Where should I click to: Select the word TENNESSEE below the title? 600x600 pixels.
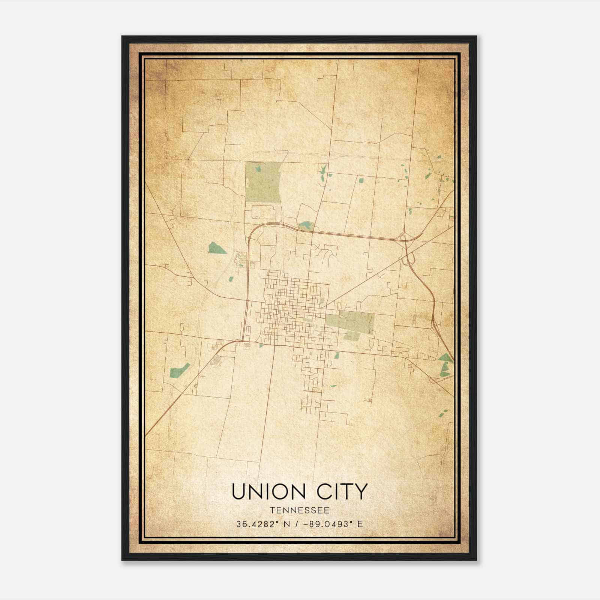[x=299, y=510]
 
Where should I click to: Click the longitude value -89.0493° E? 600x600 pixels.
[x=334, y=524]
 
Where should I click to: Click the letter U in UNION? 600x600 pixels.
[x=238, y=492]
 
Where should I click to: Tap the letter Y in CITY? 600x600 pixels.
[x=360, y=492]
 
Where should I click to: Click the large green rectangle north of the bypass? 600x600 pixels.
[x=263, y=182]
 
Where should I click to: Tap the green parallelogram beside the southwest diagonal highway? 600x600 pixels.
[x=179, y=370]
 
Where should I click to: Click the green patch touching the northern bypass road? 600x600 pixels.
[x=306, y=226]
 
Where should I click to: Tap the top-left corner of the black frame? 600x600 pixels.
[x=123, y=37]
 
